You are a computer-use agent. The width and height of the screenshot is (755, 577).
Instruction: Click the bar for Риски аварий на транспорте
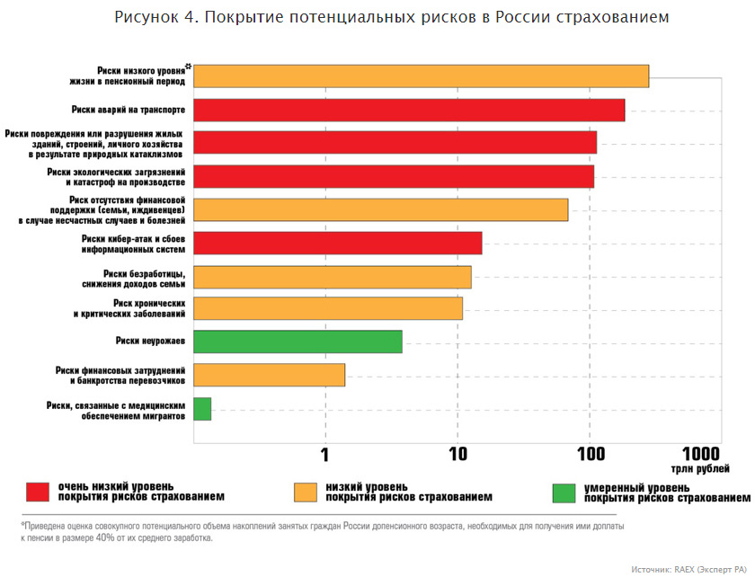click(x=409, y=110)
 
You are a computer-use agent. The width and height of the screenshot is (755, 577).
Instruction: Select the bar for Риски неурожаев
click(x=298, y=342)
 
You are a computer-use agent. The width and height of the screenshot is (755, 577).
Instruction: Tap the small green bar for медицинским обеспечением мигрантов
click(x=202, y=409)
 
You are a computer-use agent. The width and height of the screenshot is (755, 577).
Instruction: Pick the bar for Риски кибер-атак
click(x=337, y=243)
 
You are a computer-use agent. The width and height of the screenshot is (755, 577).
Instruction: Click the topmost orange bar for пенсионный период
click(x=421, y=75)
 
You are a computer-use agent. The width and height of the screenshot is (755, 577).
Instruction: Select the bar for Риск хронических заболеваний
click(x=328, y=308)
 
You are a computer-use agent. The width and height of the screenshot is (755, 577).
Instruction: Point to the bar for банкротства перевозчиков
click(x=269, y=375)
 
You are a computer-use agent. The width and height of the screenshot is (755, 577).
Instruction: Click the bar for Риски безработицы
click(x=332, y=276)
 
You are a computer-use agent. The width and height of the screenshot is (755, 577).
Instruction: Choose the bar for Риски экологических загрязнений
click(x=394, y=176)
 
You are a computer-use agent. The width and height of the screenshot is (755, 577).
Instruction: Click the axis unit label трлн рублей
click(x=699, y=469)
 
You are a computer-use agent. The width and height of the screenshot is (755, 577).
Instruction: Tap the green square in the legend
click(x=564, y=493)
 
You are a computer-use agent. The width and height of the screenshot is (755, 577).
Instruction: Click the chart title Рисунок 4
click(x=391, y=18)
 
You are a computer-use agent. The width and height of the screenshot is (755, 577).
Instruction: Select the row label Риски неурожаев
click(x=150, y=342)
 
